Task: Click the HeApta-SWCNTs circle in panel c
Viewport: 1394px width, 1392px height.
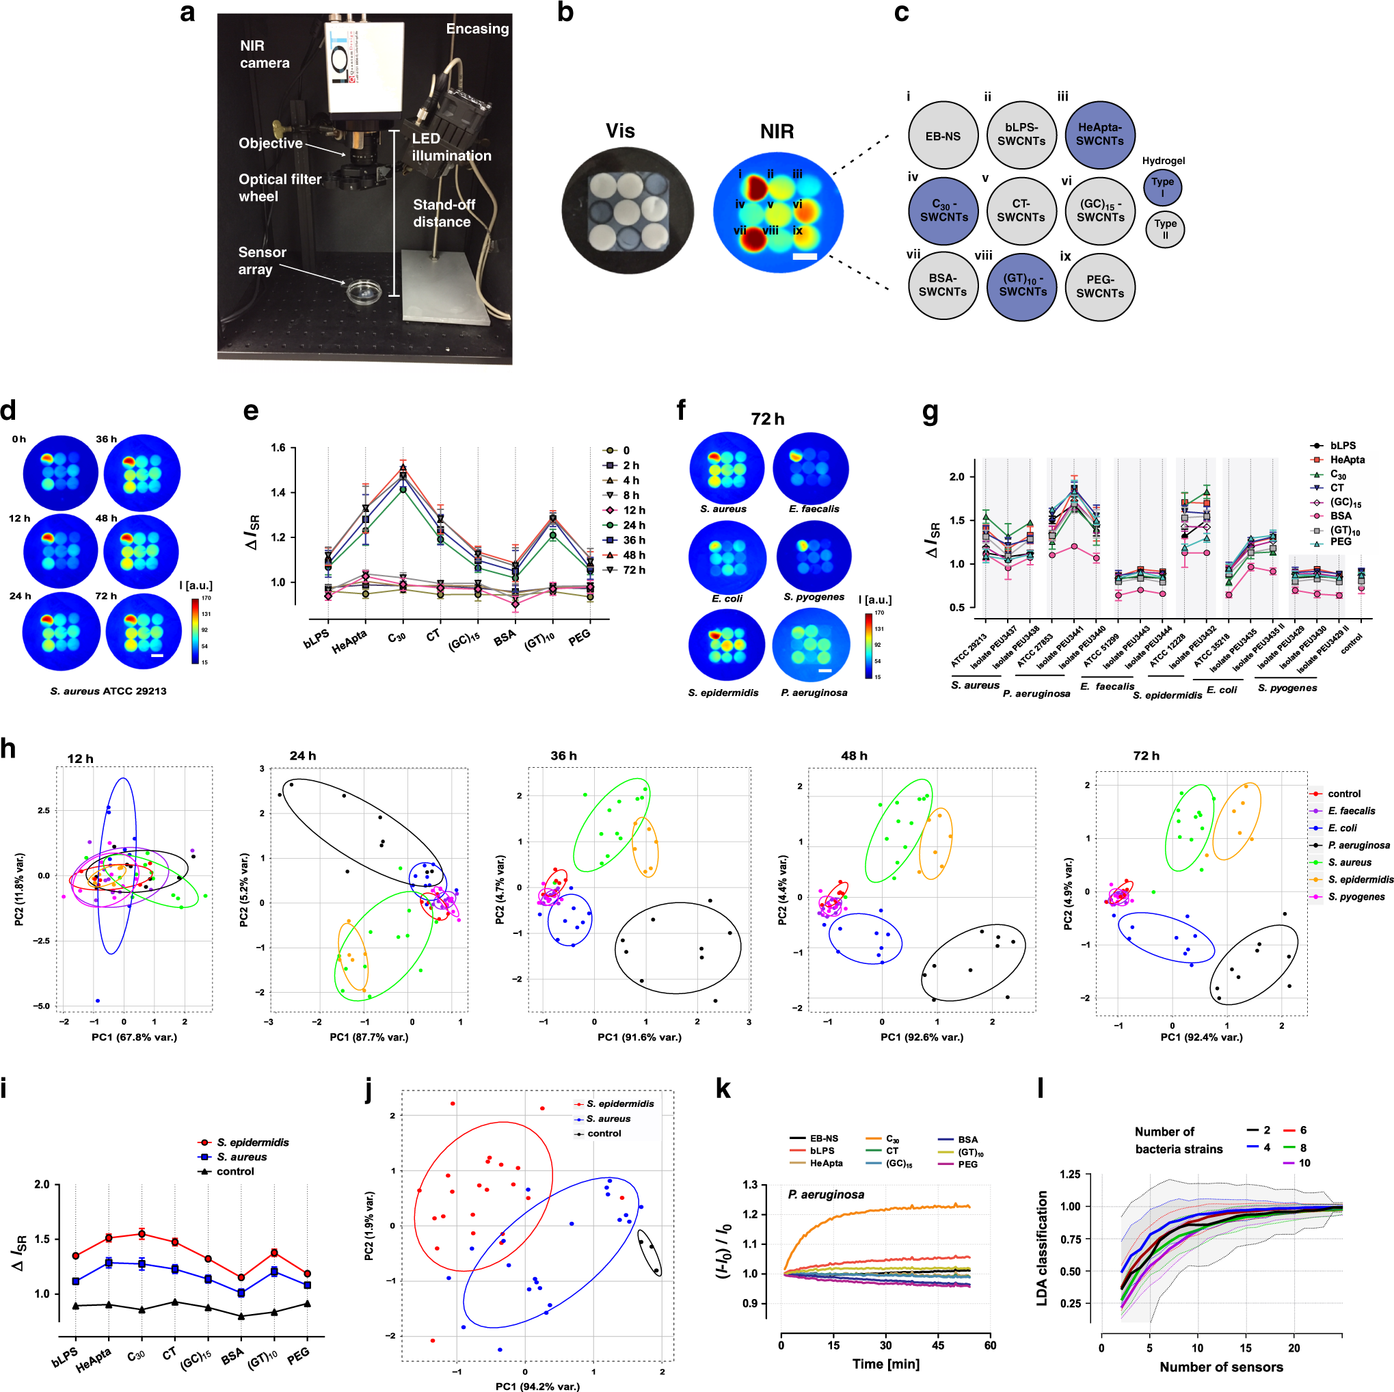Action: (x=1099, y=135)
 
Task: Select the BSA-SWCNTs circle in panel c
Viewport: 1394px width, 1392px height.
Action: (x=942, y=285)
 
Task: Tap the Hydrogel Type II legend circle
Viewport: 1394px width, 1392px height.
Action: (x=1164, y=229)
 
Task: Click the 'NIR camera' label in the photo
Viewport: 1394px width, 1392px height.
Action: (x=264, y=54)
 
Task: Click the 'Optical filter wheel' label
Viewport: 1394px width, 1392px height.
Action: (x=280, y=187)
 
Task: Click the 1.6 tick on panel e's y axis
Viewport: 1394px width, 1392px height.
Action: (x=278, y=448)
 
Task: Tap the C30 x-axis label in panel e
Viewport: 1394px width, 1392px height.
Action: (x=397, y=637)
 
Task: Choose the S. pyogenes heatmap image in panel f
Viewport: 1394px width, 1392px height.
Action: (x=813, y=557)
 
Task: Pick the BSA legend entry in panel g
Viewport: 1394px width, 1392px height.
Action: (x=1340, y=516)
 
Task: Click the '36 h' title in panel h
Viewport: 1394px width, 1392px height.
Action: (x=563, y=755)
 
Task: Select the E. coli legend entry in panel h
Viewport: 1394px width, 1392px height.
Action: (x=1341, y=828)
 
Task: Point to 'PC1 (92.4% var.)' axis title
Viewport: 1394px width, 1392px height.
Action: (x=1201, y=1037)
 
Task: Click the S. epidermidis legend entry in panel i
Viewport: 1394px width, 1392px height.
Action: (x=252, y=1142)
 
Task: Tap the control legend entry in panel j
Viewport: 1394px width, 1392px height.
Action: (x=603, y=1134)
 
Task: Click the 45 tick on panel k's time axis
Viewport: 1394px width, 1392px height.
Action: (x=938, y=1345)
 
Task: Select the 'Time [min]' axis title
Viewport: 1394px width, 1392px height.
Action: (x=885, y=1364)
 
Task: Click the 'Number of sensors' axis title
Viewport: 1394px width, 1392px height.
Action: (x=1221, y=1367)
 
